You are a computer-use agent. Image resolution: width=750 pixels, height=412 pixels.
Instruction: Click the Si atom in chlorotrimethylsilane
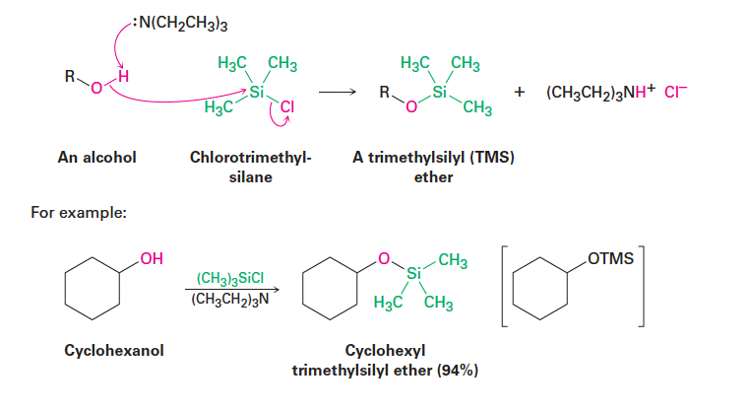coord(259,91)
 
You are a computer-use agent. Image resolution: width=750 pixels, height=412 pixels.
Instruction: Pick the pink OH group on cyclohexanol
coord(150,260)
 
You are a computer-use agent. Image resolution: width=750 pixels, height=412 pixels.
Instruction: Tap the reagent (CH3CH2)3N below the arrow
coord(230,300)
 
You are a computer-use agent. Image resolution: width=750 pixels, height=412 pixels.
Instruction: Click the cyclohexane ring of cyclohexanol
coord(92,289)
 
